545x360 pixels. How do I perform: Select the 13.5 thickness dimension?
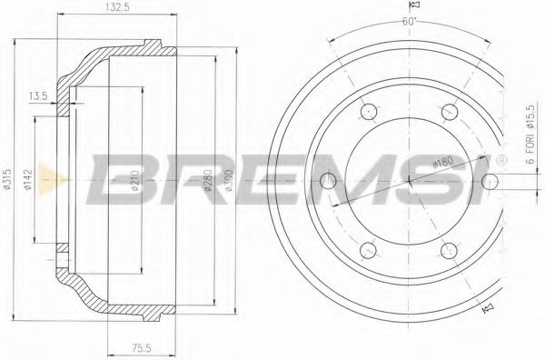(38, 94)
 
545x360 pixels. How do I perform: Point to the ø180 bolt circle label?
(442, 165)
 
